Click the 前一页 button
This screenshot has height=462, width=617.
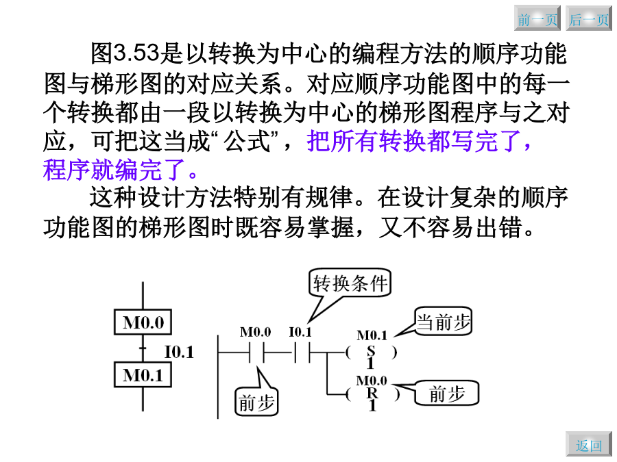click(x=537, y=18)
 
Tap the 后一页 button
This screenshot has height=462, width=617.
click(x=589, y=18)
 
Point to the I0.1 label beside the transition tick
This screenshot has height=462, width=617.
click(x=179, y=352)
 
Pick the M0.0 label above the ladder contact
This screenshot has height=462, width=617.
click(x=256, y=333)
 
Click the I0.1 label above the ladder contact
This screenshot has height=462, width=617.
click(x=300, y=333)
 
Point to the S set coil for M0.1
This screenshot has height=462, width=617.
click(x=371, y=352)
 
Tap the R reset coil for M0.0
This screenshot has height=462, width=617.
click(x=372, y=394)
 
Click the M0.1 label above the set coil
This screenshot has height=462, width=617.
click(x=372, y=335)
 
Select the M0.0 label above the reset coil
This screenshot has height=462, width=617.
click(x=372, y=381)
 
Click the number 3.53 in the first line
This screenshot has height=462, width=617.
click(x=136, y=53)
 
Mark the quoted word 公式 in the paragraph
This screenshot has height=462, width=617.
click(x=247, y=142)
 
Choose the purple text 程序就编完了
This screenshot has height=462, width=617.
click(x=114, y=170)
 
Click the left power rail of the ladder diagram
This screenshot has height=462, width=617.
click(x=218, y=376)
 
